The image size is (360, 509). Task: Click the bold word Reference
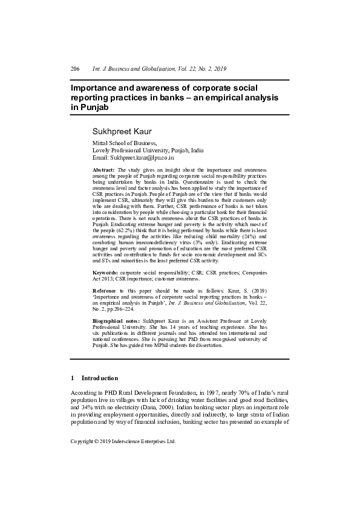106,291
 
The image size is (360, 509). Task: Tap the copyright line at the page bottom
123,441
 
